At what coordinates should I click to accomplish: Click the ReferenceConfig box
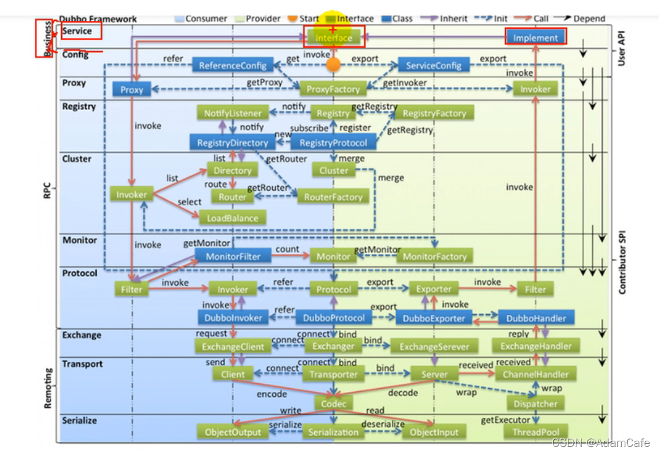pos(232,65)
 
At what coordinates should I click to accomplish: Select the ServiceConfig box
pos(433,65)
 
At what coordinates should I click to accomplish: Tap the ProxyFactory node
pos(333,89)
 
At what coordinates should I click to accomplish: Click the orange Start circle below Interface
pos(333,64)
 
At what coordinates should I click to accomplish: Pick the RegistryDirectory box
pos(232,142)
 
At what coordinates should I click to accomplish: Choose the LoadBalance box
pos(232,218)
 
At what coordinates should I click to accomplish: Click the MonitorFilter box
pos(233,257)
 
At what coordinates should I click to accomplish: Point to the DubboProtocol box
pos(334,318)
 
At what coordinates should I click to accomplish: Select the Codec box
pos(334,403)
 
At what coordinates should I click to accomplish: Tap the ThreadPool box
pos(536,432)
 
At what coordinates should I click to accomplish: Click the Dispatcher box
pos(536,403)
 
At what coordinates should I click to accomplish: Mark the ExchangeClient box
pos(233,347)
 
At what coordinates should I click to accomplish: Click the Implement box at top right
pos(536,38)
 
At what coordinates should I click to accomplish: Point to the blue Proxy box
pos(131,90)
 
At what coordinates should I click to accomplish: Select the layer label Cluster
pos(76,159)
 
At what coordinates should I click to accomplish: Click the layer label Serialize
pos(79,421)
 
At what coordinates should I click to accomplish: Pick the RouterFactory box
pos(333,197)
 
